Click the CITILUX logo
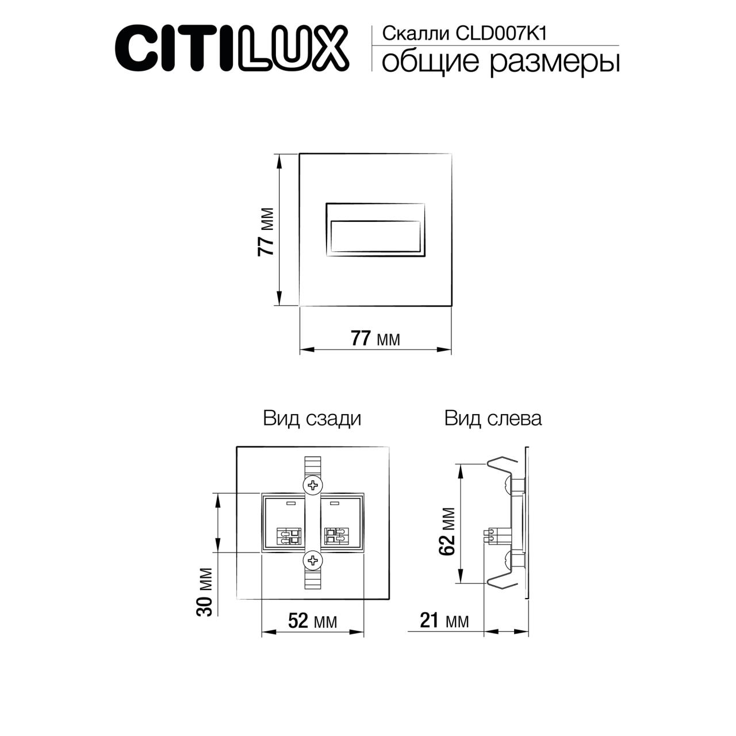pyautogui.click(x=232, y=47)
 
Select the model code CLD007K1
pyautogui.click(x=500, y=34)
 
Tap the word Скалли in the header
pyautogui.click(x=416, y=34)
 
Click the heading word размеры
pyautogui.click(x=555, y=62)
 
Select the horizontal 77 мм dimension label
pyautogui.click(x=375, y=339)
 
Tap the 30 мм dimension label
pyautogui.click(x=205, y=592)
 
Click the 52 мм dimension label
pyautogui.click(x=312, y=621)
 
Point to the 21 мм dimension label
pyautogui.click(x=444, y=621)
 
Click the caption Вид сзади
pyautogui.click(x=312, y=418)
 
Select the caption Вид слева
pyautogui.click(x=493, y=418)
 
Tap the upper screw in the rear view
pyautogui.click(x=312, y=485)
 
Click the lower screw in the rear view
pyautogui.click(x=312, y=559)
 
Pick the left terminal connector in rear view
pyautogui.click(x=289, y=536)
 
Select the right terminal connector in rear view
pyautogui.click(x=335, y=536)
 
